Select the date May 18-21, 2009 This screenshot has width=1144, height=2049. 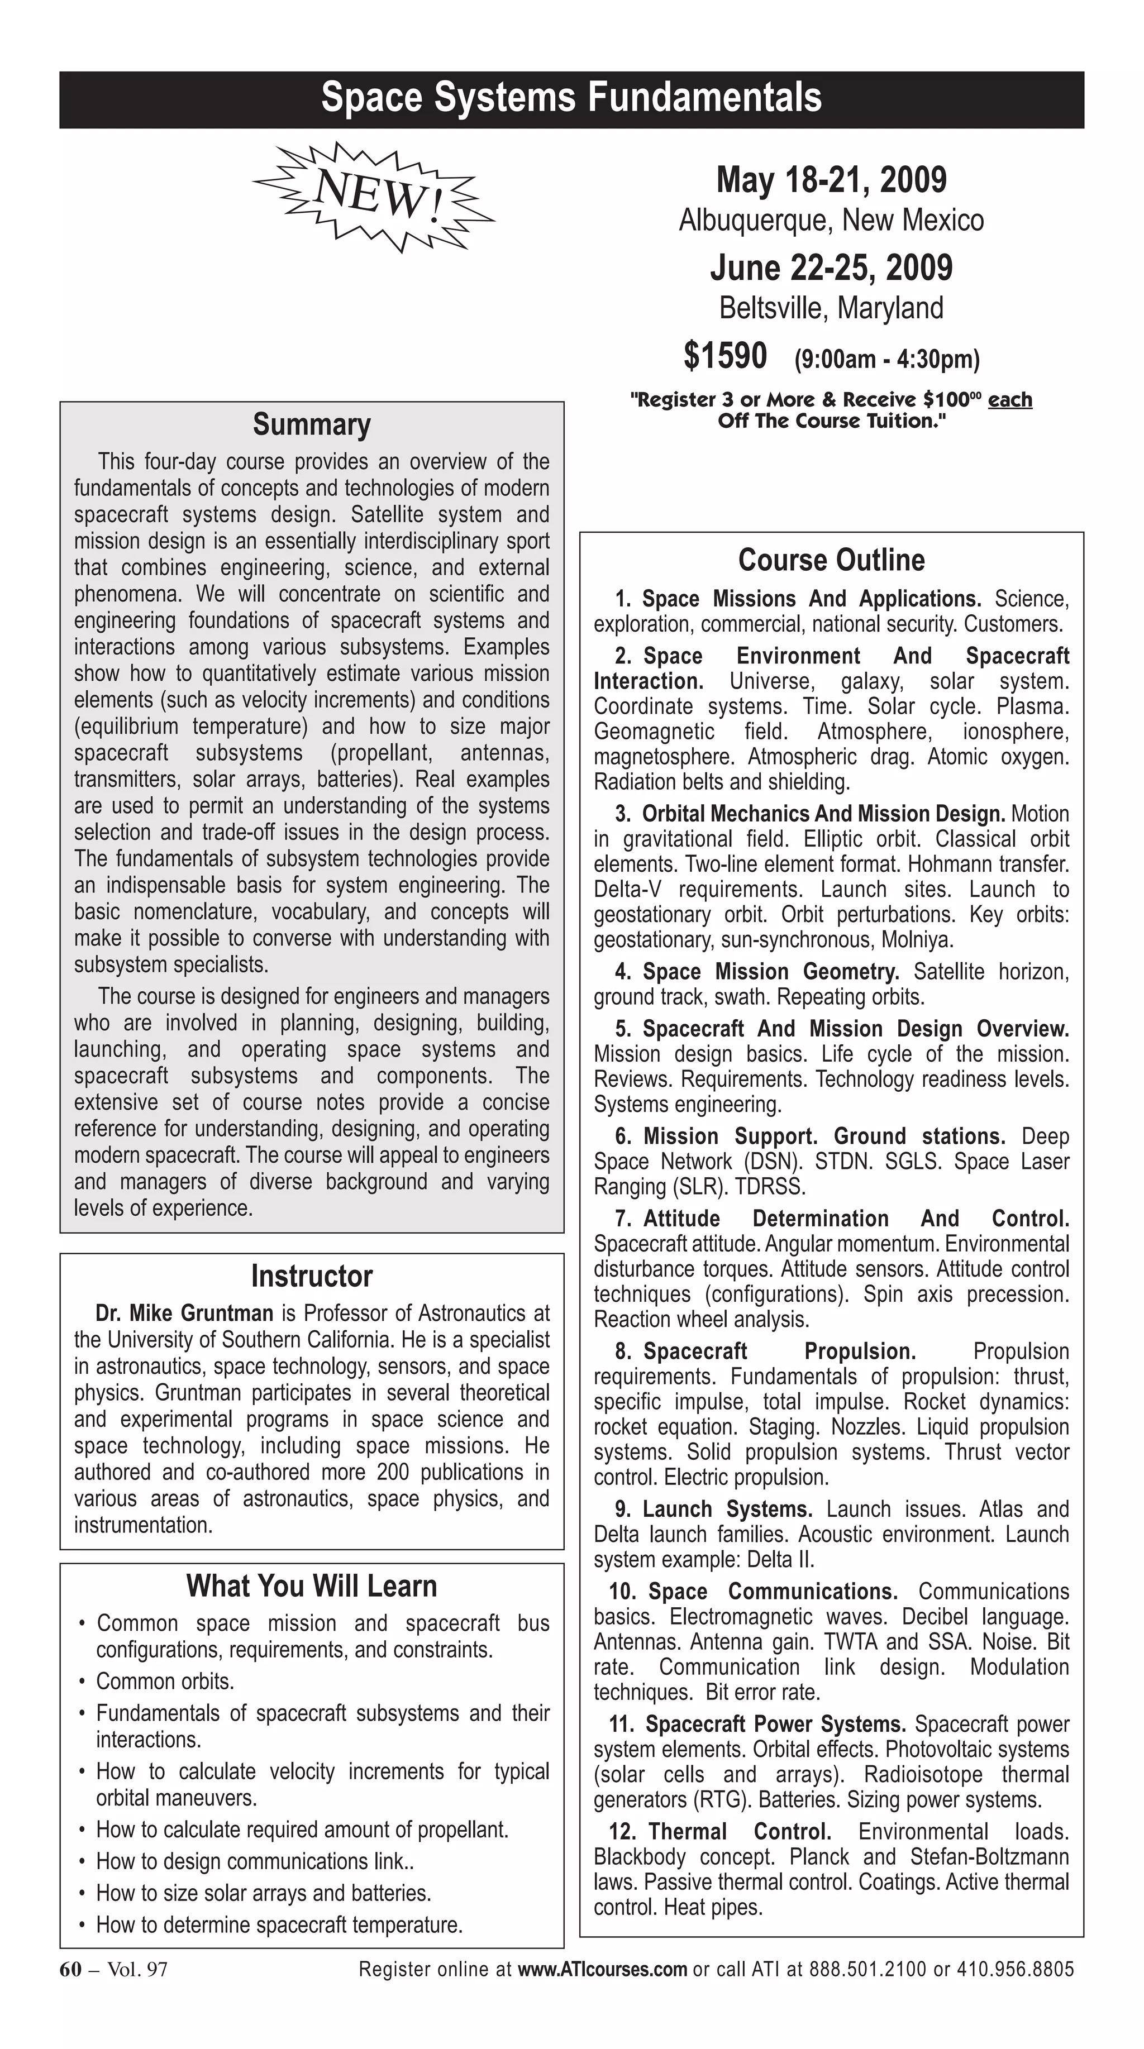(x=831, y=180)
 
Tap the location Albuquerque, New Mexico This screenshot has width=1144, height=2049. (x=831, y=221)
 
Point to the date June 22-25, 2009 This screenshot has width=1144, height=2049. (x=831, y=268)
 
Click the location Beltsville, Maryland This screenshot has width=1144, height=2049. (x=831, y=308)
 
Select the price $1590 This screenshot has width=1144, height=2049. (x=724, y=356)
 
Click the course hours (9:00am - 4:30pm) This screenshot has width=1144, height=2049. (x=886, y=360)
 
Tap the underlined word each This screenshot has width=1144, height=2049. (x=1009, y=399)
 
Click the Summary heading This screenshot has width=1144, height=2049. (x=311, y=425)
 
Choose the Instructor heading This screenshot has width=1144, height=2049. (x=311, y=1276)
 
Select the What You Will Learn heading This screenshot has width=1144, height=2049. (x=311, y=1586)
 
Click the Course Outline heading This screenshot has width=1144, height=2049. (x=831, y=560)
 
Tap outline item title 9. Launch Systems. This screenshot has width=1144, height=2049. (x=714, y=1509)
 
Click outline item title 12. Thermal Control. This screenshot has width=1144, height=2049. (x=720, y=1831)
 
